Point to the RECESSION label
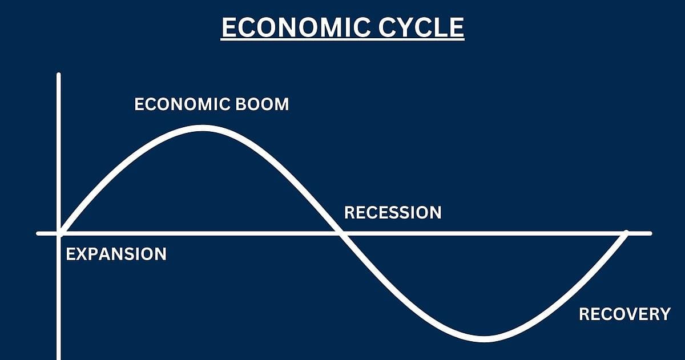click(x=393, y=213)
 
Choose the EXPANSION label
click(x=116, y=254)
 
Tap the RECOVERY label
click(x=624, y=314)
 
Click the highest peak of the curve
click(x=203, y=128)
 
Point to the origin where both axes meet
click(x=59, y=233)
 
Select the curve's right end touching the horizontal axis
click(x=626, y=233)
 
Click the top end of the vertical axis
click(x=59, y=74)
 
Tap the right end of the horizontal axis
click(x=650, y=233)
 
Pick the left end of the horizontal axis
click(x=38, y=233)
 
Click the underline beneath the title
click(x=342, y=39)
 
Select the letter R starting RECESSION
click(x=349, y=213)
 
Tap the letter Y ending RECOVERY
click(x=664, y=314)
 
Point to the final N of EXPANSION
click(x=160, y=254)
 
